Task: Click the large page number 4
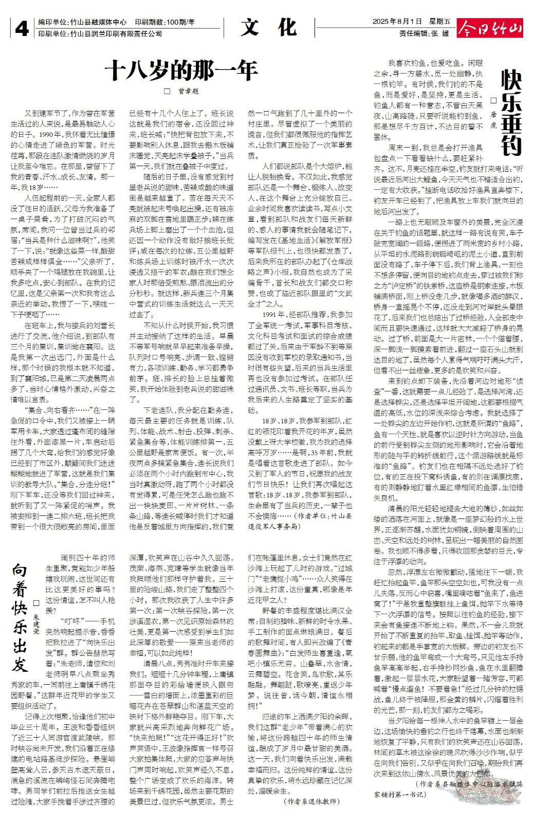[x=22, y=29]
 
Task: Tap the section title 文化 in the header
[x=268, y=28]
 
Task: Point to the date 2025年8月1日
[x=397, y=22]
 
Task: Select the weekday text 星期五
[x=439, y=22]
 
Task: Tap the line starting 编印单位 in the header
[x=82, y=22]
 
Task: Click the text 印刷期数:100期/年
[x=165, y=22]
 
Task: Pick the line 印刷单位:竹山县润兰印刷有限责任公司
[x=100, y=34]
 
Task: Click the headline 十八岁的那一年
[x=181, y=70]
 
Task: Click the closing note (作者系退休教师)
[x=311, y=801]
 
